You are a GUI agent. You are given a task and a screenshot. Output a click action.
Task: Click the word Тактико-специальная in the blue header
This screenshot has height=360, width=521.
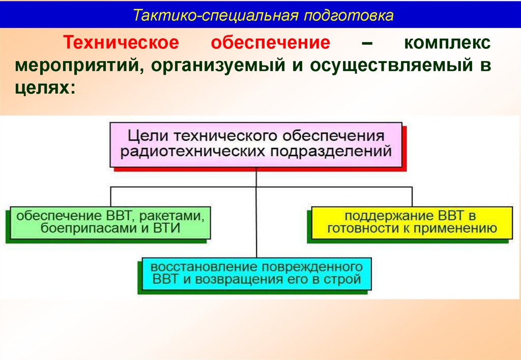(215, 15)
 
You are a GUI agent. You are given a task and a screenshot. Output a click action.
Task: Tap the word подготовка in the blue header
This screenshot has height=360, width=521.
(348, 15)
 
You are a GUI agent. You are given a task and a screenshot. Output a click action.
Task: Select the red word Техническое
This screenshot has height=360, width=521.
(121, 43)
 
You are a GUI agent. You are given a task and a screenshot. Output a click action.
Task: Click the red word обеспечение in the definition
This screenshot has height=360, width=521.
(271, 43)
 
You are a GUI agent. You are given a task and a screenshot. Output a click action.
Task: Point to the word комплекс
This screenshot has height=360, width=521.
(447, 43)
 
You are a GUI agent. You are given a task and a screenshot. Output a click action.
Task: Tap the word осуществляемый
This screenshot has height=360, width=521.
(391, 66)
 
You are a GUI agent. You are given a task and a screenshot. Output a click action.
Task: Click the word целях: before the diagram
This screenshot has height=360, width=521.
(45, 88)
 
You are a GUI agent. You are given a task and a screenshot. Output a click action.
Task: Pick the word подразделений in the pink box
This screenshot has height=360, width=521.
(331, 152)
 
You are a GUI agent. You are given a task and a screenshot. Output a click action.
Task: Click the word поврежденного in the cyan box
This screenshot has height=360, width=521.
(312, 267)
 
